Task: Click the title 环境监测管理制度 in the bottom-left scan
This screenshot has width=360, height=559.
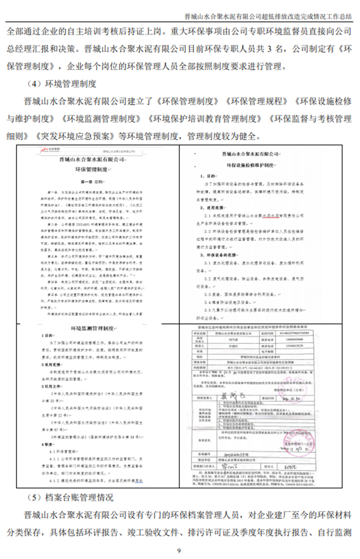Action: point(92,329)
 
